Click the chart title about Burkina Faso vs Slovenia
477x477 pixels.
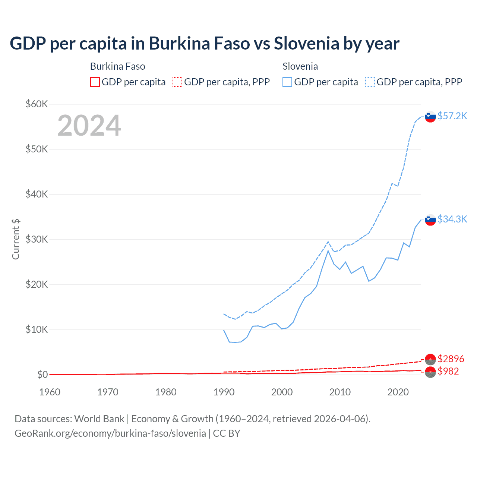coord(204,43)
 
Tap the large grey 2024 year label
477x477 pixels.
coord(89,126)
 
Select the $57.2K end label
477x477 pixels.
coord(452,116)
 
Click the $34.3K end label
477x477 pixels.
coord(452,219)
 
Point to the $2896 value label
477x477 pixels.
coord(451,359)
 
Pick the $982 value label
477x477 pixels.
coord(448,371)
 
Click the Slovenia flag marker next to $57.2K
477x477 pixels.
coord(430,117)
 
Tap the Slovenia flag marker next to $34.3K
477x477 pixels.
coord(430,220)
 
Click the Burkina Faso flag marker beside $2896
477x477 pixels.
coord(430,359)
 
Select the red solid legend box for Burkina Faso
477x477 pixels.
coord(95,82)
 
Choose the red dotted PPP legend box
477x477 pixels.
coord(177,82)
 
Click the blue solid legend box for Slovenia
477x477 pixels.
coord(287,82)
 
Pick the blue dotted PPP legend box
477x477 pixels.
coord(370,82)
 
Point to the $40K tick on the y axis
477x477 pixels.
coord(37,194)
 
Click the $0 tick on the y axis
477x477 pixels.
coord(42,375)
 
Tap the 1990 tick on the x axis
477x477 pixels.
coord(224,392)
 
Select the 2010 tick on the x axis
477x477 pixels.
coord(340,392)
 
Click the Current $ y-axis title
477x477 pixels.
coord(16,239)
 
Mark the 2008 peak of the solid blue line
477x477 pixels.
coord(328,250)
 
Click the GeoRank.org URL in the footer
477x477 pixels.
coord(110,433)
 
